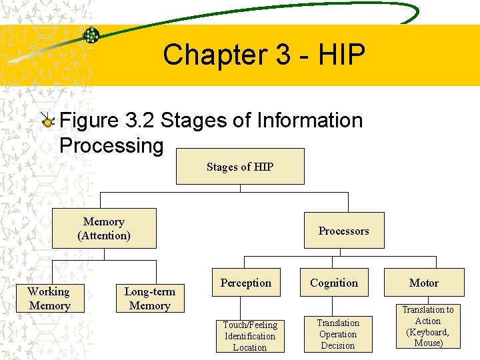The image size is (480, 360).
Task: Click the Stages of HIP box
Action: coord(240,167)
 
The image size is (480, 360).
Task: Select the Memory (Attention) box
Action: coord(104,229)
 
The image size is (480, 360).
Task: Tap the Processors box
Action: coord(343,231)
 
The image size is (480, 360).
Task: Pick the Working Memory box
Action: coord(49,299)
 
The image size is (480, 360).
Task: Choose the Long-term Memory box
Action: coord(150,299)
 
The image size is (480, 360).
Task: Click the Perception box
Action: coord(246,283)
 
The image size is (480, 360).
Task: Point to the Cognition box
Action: coord(334,283)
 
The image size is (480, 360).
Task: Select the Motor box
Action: coord(424,283)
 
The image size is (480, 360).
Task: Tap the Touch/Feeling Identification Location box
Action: coord(250,335)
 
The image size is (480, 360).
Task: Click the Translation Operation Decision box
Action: coord(338,334)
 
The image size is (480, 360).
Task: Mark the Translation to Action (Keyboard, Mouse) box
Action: coord(428,327)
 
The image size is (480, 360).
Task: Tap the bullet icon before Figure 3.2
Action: coord(47,121)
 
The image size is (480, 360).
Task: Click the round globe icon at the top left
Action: coord(91,35)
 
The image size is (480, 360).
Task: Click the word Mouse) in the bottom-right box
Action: coord(428,343)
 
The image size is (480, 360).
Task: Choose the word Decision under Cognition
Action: coord(338,345)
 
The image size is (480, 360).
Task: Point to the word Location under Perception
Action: coord(250,347)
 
